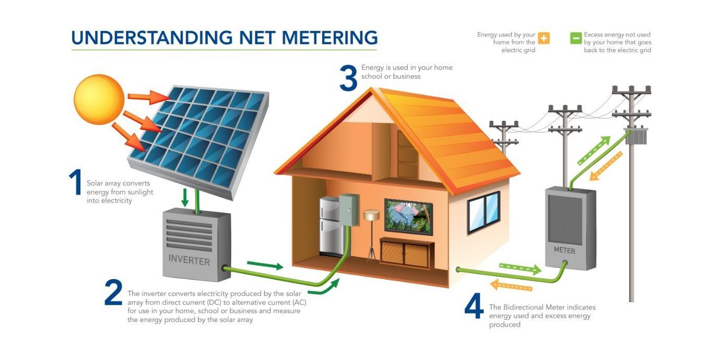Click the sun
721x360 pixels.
[x=99, y=99]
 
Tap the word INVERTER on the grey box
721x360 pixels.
[x=189, y=260]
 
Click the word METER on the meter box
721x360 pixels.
[x=564, y=250]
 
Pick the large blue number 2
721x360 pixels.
[x=113, y=293]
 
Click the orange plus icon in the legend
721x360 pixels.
[x=543, y=38]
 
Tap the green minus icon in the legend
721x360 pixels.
[x=576, y=38]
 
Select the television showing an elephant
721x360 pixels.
[x=409, y=216]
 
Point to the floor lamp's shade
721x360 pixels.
[x=371, y=214]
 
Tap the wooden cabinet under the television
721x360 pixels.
[x=405, y=253]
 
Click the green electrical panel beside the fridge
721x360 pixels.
[x=349, y=210]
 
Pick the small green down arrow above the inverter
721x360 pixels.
[x=184, y=197]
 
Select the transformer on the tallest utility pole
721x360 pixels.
[x=636, y=137]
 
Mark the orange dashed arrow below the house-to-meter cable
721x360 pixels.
[x=511, y=285]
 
